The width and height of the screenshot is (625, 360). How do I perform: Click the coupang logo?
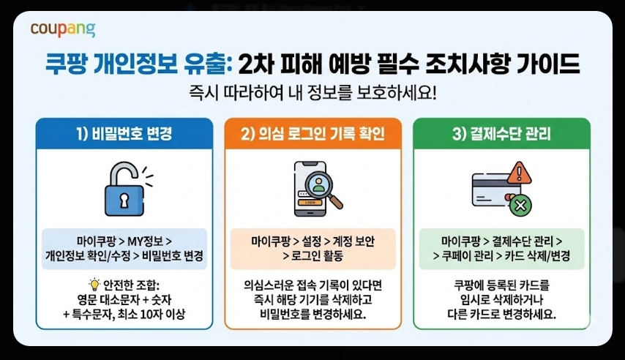tap(63, 29)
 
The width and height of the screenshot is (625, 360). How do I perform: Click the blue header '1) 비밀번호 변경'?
tap(124, 134)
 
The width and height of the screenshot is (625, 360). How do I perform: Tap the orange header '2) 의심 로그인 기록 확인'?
tap(312, 134)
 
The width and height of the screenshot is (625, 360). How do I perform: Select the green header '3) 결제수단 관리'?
tap(501, 134)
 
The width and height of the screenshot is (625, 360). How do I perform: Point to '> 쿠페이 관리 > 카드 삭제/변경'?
tap(501, 256)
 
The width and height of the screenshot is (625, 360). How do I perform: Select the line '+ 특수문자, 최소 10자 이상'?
tap(124, 315)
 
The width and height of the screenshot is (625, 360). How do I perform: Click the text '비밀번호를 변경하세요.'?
tap(312, 315)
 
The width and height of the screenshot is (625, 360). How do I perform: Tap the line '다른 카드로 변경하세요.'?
tap(501, 315)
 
